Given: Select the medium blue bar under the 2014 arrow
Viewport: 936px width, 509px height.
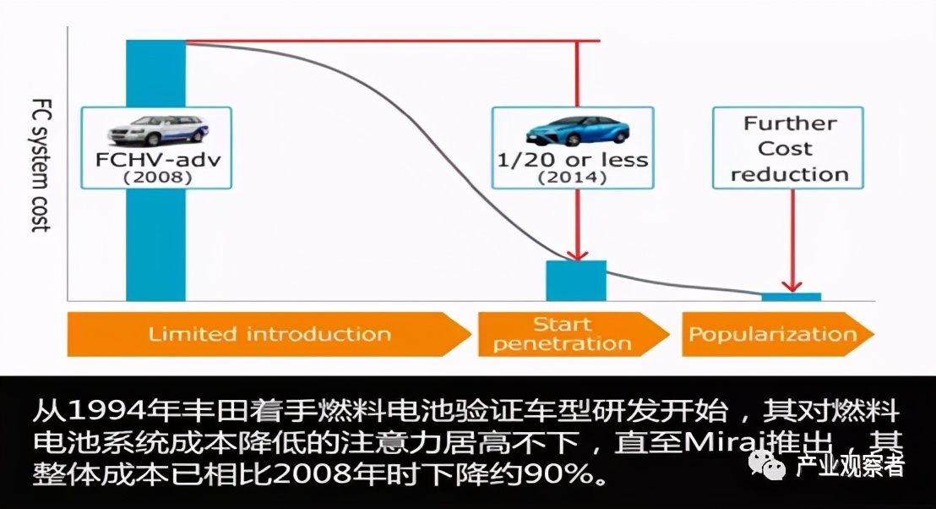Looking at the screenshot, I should click(576, 281).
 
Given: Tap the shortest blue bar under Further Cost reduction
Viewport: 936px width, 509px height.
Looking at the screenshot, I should click(791, 297).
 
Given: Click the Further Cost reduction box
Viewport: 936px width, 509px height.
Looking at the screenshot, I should click(789, 149).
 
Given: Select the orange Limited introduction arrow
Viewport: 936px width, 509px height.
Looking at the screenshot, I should click(269, 334).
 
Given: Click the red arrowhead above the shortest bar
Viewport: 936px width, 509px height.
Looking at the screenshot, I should click(792, 285).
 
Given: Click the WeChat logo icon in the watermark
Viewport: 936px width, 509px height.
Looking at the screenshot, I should click(770, 464).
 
